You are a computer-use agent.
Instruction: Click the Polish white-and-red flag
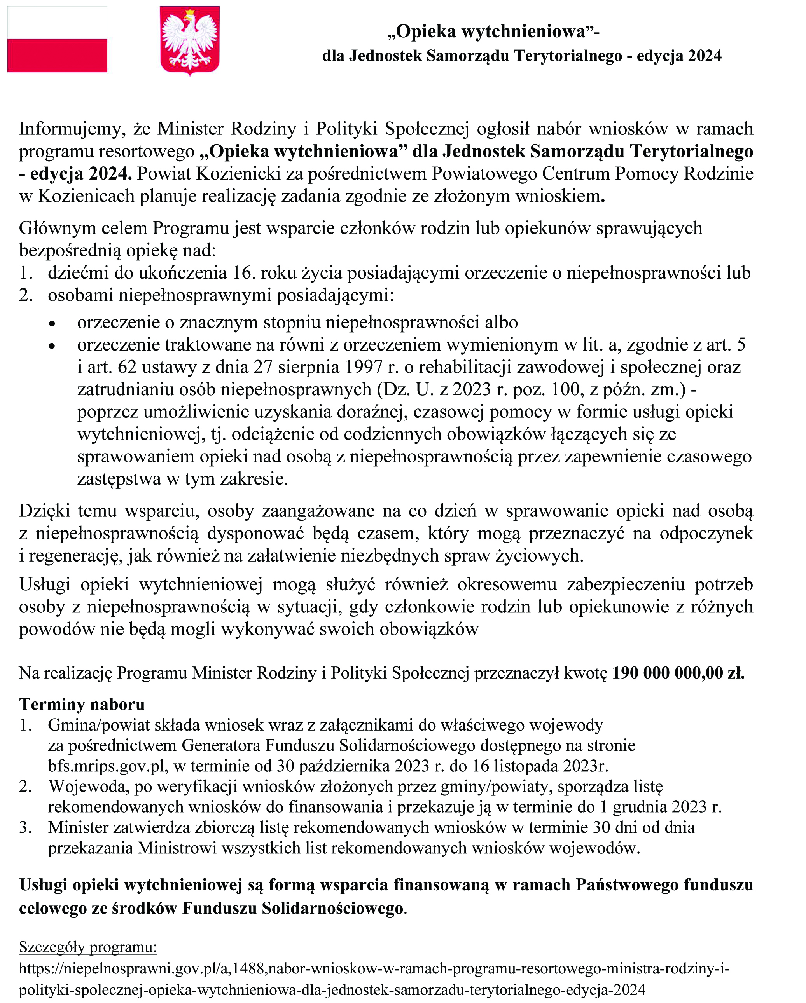point(57,39)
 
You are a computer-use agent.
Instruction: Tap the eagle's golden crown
point(189,14)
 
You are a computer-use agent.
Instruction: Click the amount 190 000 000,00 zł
point(678,673)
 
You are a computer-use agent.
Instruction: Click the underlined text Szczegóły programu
point(88,947)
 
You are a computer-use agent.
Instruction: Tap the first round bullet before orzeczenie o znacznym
point(52,323)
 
